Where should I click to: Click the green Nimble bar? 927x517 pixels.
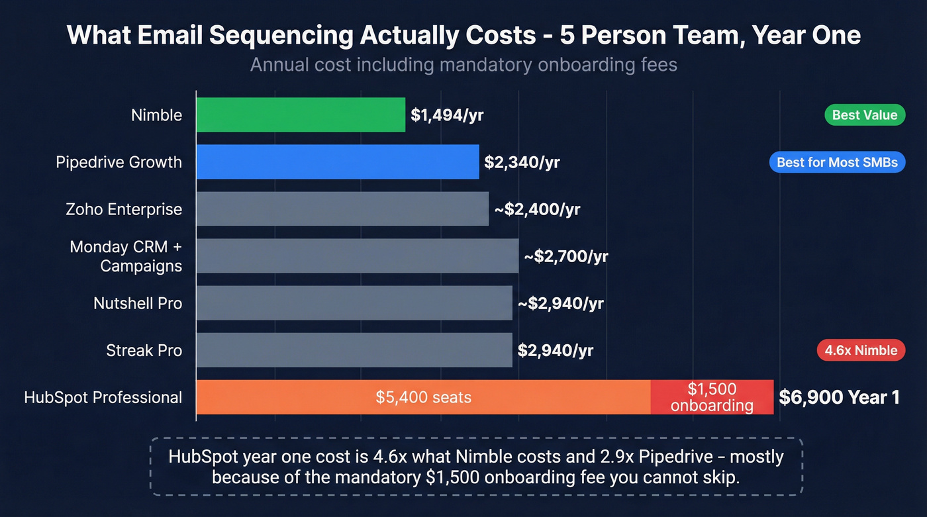click(x=301, y=115)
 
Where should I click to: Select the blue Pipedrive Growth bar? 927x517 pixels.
click(x=338, y=162)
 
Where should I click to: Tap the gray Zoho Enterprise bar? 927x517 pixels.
click(x=342, y=209)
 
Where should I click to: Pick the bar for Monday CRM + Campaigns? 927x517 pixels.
click(x=358, y=256)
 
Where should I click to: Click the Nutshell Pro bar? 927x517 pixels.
click(x=354, y=303)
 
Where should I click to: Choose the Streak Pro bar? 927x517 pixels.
click(x=354, y=350)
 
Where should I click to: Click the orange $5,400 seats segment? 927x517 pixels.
click(x=423, y=397)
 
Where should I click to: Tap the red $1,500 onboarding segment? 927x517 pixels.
click(x=712, y=397)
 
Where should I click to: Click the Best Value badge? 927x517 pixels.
click(x=864, y=115)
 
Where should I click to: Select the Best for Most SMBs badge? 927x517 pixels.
click(x=837, y=162)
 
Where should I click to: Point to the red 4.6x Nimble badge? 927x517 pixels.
click(x=861, y=350)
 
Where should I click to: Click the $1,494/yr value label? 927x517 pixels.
click(x=447, y=115)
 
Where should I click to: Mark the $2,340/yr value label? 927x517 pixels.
click(x=522, y=162)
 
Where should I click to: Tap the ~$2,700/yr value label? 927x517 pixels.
click(x=565, y=256)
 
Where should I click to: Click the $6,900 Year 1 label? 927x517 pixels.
click(x=839, y=397)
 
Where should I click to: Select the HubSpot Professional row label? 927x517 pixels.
click(x=103, y=397)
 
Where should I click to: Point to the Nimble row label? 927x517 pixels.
click(x=156, y=115)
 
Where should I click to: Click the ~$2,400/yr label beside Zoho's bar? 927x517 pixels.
click(x=537, y=209)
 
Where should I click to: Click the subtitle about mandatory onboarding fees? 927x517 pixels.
click(x=463, y=66)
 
